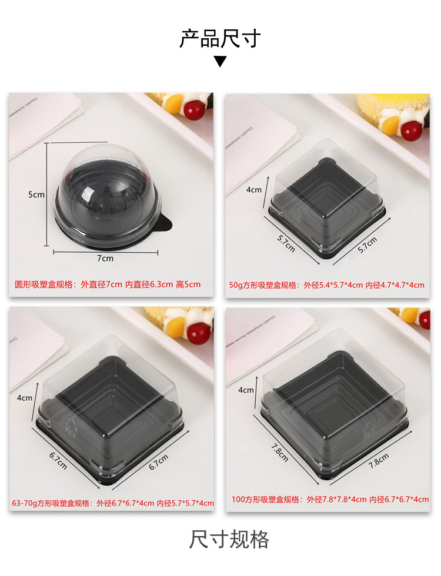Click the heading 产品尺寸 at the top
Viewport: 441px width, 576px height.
(220, 39)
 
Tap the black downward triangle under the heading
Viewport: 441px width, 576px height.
(220, 61)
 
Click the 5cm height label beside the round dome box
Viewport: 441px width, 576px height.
(36, 195)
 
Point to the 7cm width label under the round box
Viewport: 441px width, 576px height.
(106, 259)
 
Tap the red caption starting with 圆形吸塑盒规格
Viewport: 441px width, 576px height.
(108, 284)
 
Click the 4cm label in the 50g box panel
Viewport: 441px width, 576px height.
(254, 189)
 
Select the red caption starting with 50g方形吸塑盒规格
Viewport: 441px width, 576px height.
(326, 285)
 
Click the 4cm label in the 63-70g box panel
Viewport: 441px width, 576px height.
(25, 398)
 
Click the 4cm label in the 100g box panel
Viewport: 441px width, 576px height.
(246, 390)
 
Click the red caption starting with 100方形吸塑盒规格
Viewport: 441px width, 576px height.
(330, 500)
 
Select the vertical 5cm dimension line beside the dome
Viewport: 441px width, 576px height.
(47, 195)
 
